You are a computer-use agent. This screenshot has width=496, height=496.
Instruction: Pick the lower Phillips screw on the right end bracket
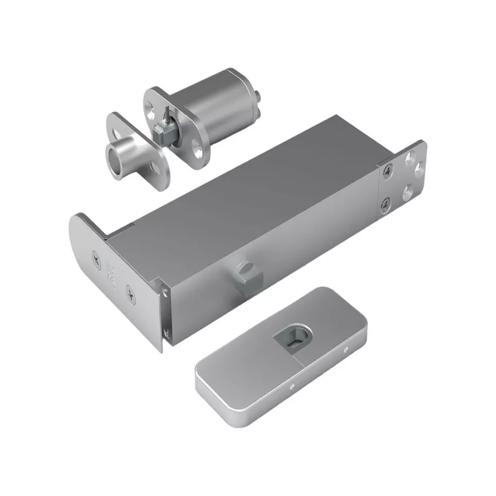click(385, 206)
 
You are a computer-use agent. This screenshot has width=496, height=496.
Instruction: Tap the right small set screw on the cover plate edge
click(346, 351)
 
